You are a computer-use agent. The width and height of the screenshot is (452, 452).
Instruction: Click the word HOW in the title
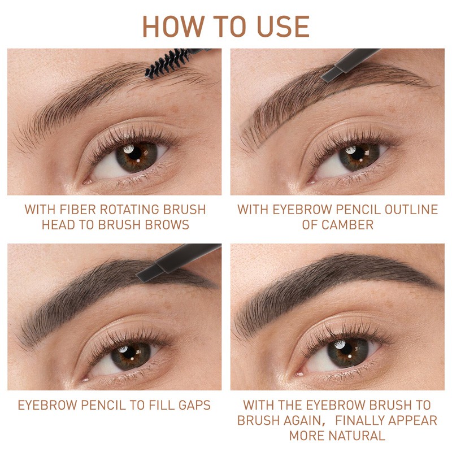[x=173, y=27]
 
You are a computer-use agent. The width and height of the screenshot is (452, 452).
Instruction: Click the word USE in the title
[x=283, y=27]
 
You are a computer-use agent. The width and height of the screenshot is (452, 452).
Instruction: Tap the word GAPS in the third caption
[x=194, y=405]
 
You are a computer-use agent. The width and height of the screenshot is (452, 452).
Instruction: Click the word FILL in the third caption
[x=162, y=405]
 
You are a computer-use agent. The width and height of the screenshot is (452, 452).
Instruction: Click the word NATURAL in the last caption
[x=357, y=436]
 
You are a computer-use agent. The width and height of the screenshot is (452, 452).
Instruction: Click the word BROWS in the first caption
[x=167, y=225]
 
